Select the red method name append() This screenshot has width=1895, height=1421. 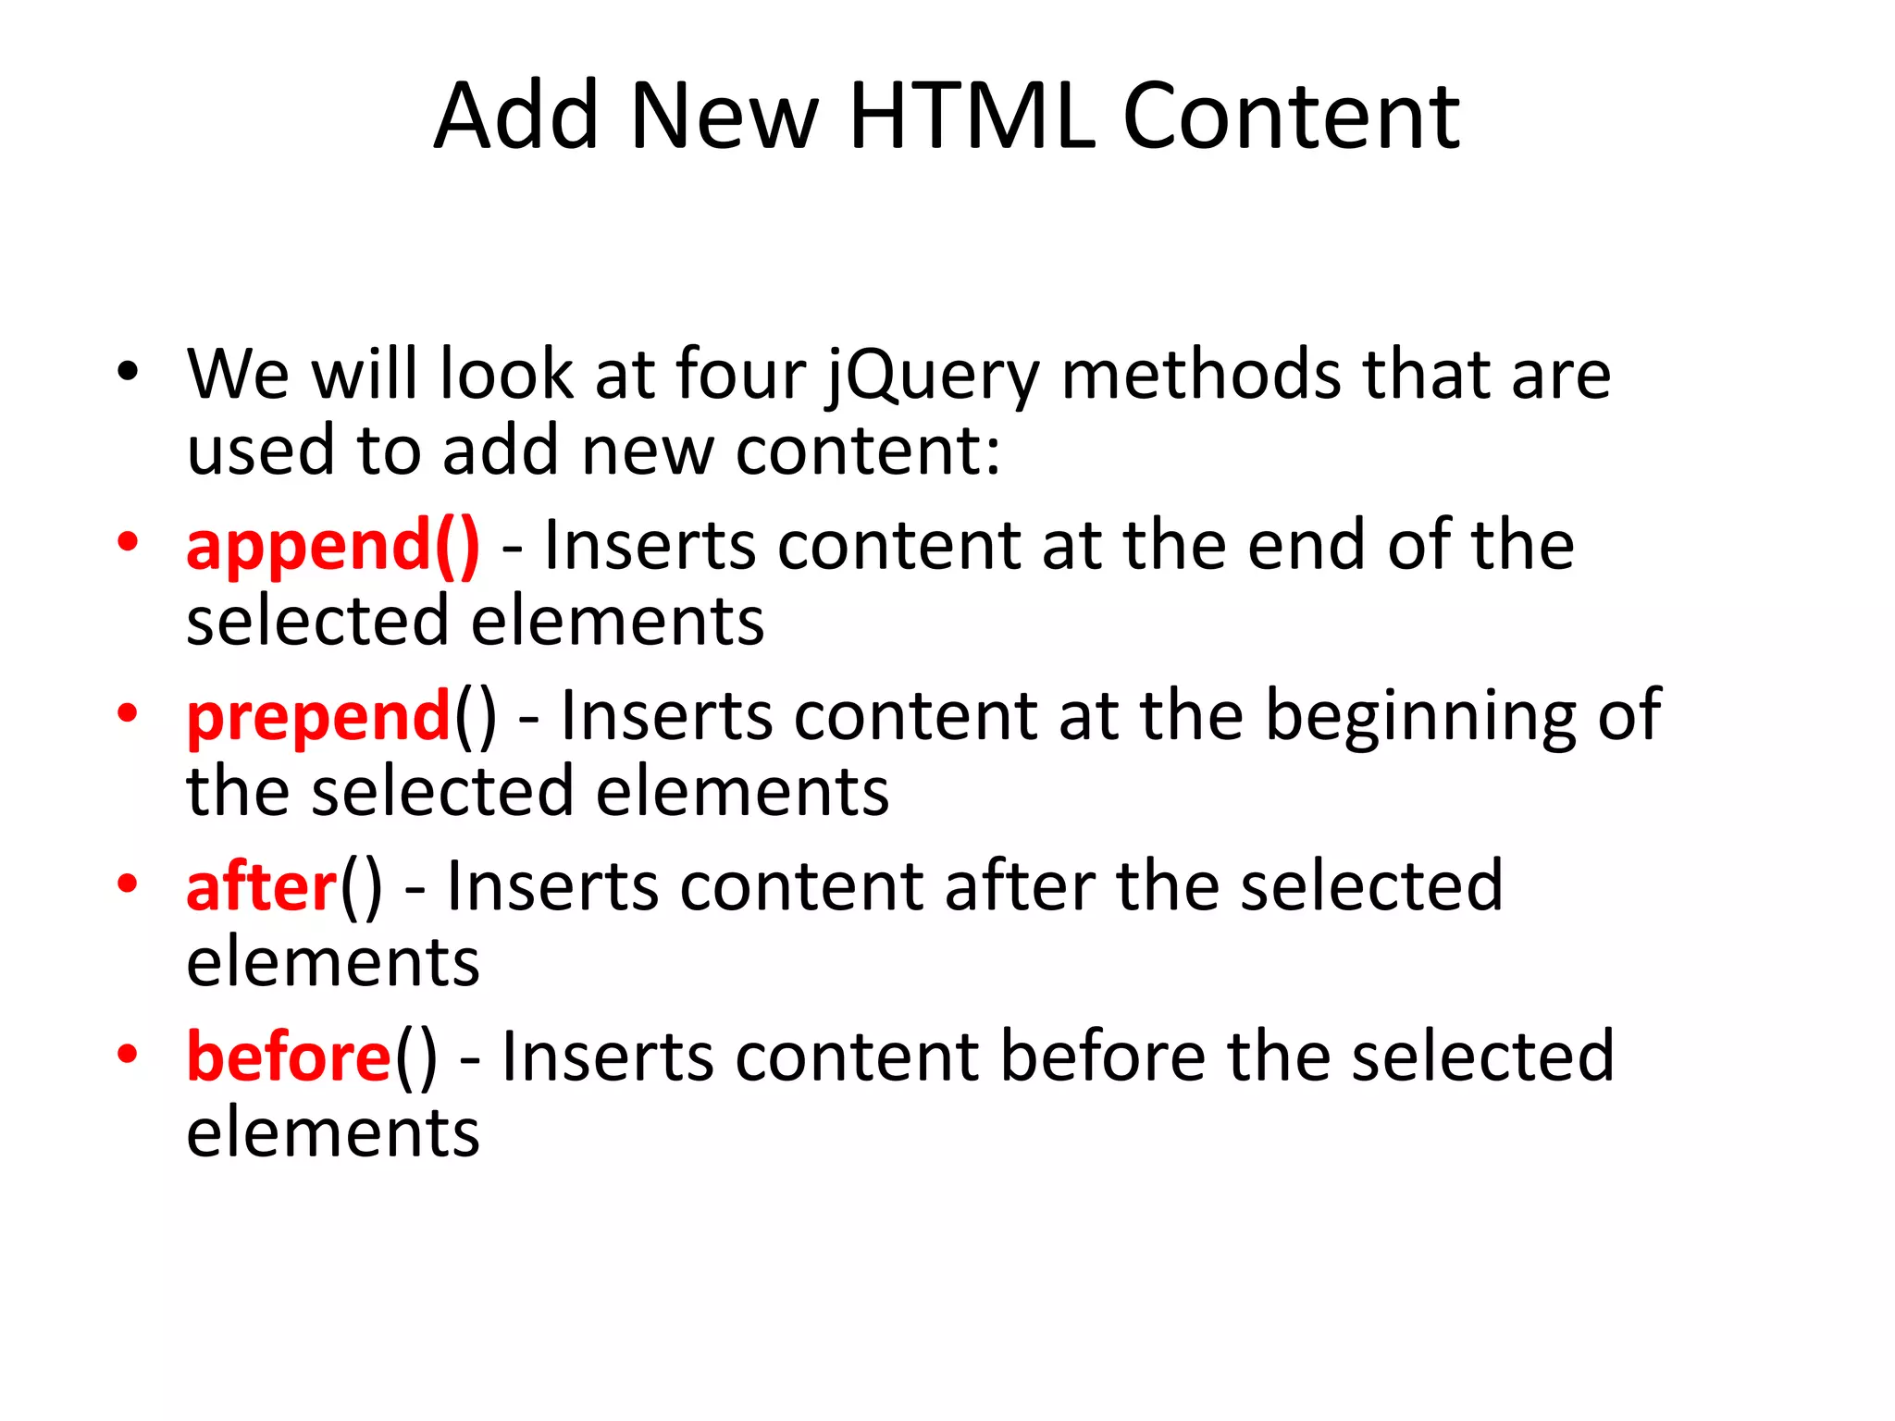click(333, 546)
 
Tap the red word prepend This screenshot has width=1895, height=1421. click(318, 717)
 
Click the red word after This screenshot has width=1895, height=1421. click(262, 886)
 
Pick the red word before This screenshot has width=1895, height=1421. click(289, 1056)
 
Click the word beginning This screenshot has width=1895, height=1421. click(1420, 717)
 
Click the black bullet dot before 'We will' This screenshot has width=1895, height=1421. click(128, 372)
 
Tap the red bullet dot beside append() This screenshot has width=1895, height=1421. click(128, 542)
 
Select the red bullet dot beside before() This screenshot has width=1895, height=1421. click(128, 1054)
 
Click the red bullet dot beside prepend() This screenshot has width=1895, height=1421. click(128, 712)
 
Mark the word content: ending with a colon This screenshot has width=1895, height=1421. click(868, 451)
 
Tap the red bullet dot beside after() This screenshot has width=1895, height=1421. click(128, 883)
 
